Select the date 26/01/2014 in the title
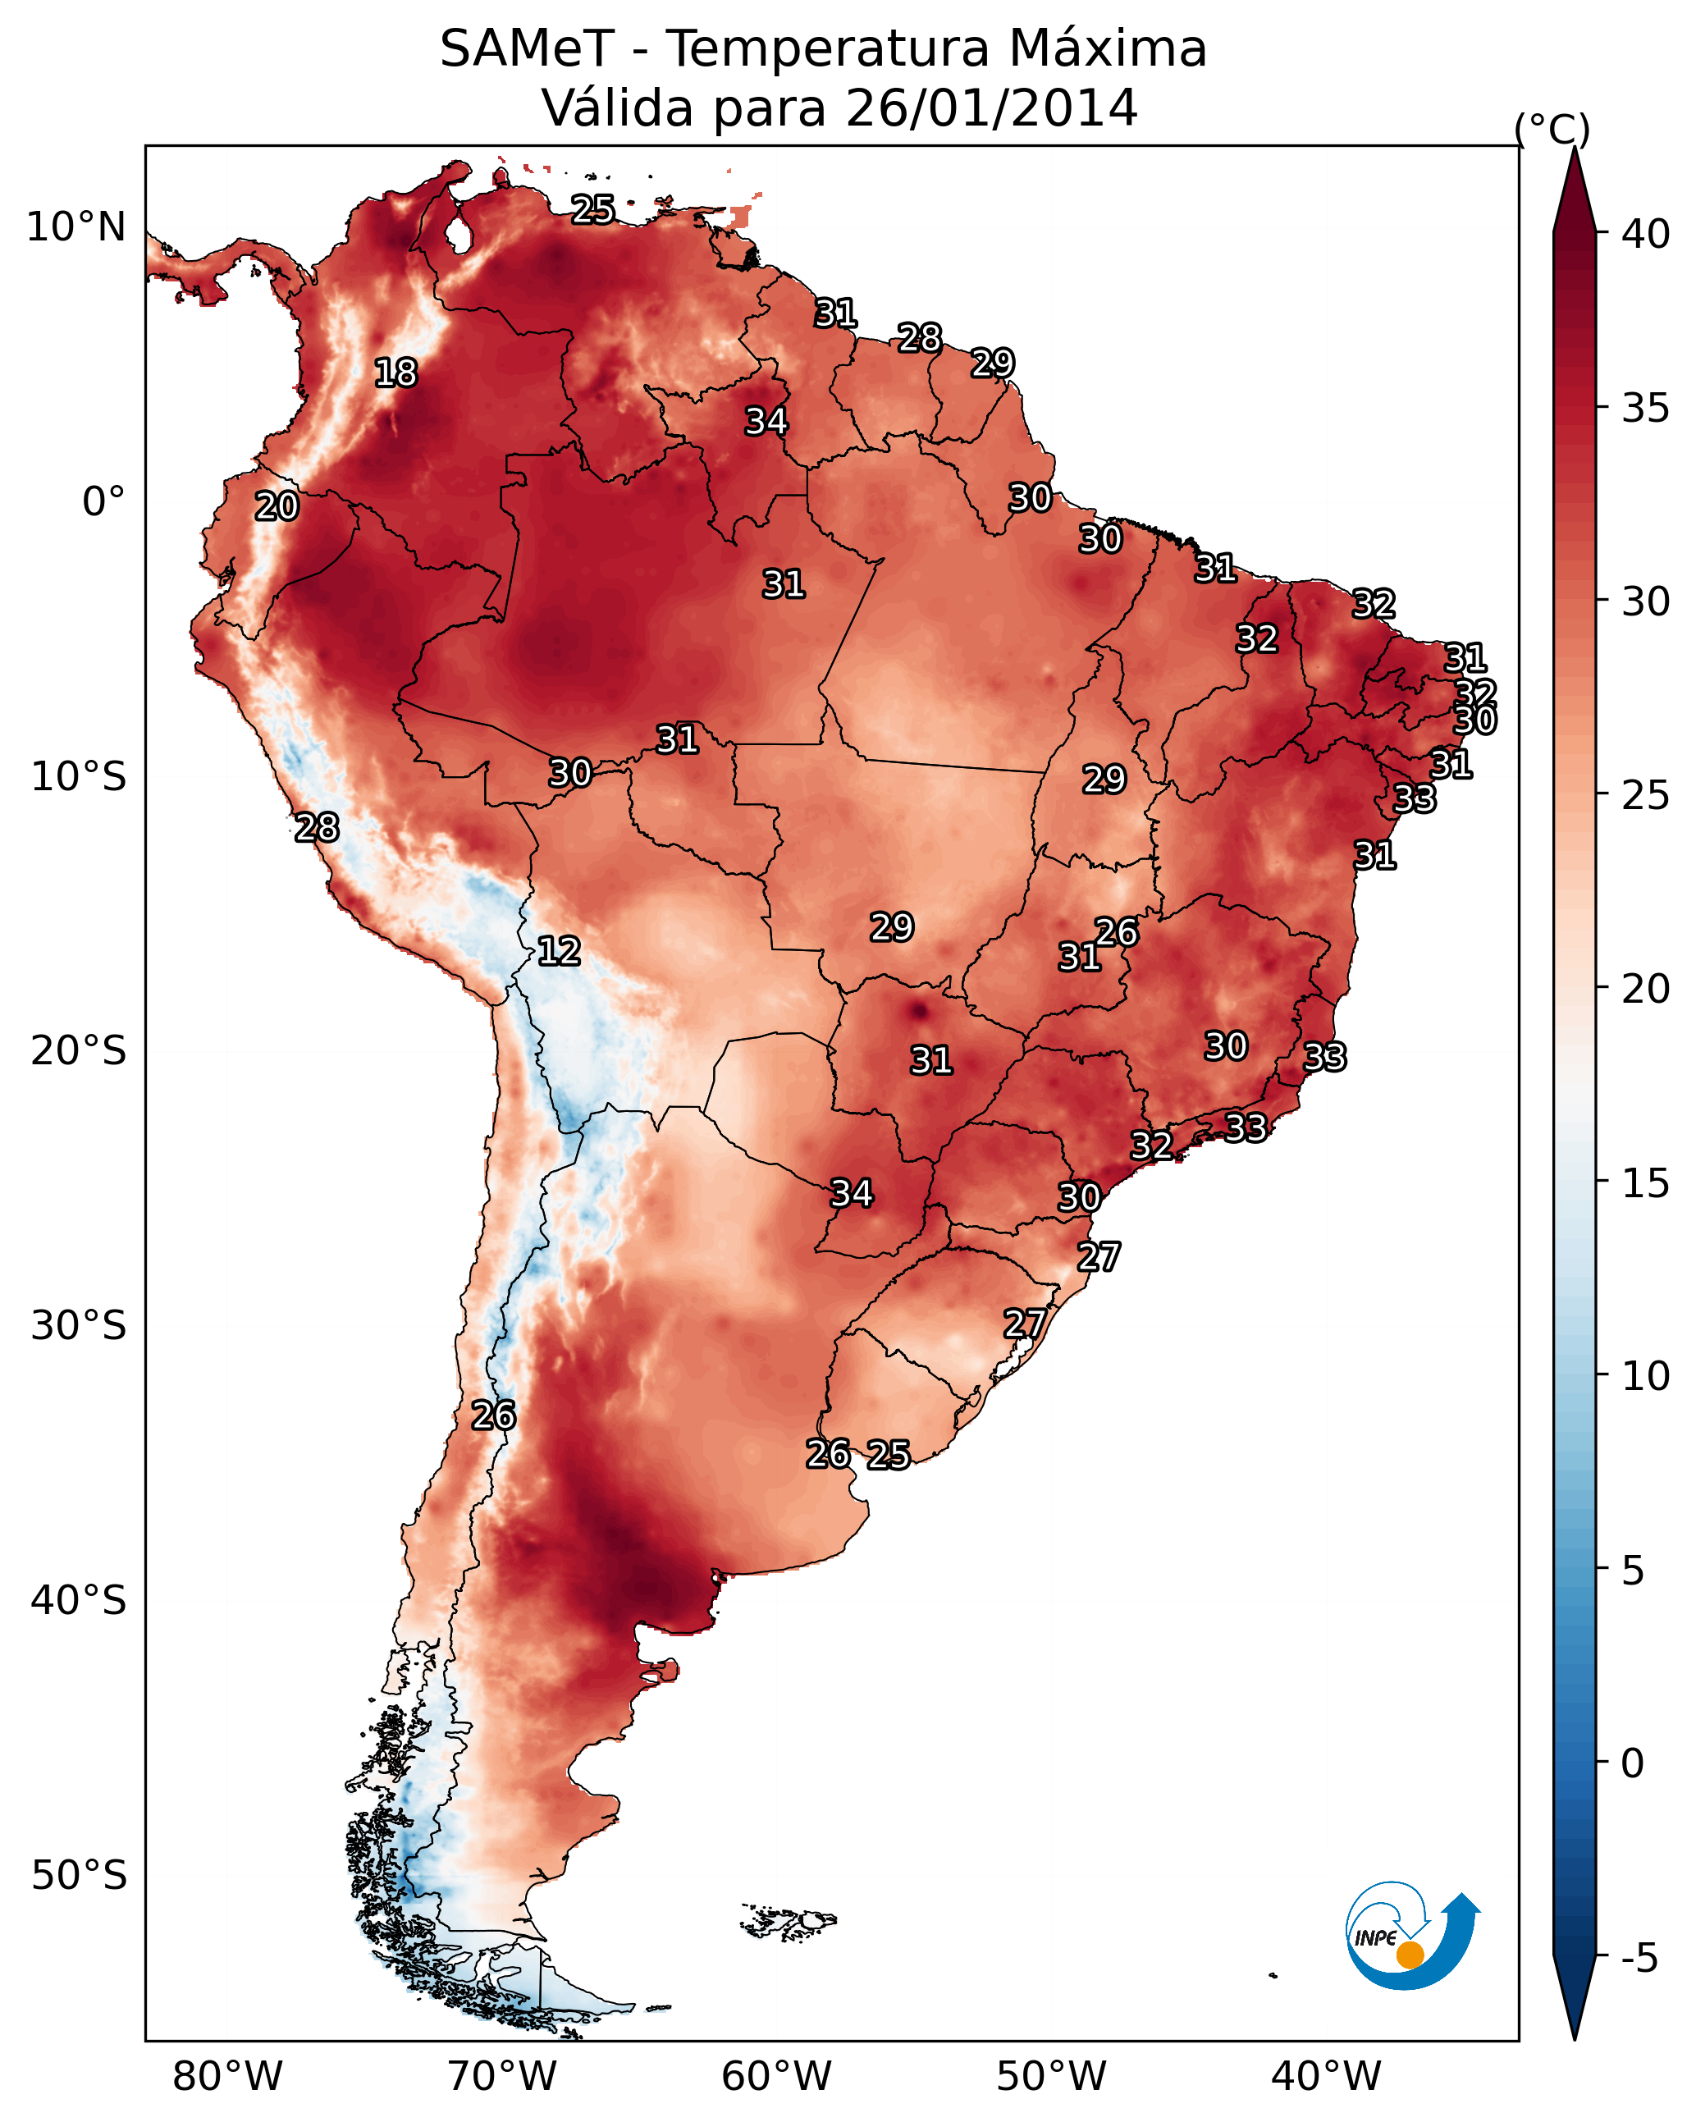[990, 108]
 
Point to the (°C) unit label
[1552, 129]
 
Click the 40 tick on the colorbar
[1646, 234]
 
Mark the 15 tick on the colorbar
[1646, 1183]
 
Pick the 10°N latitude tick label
[75, 227]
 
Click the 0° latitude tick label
[103, 502]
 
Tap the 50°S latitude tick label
[79, 1876]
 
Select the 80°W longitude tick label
[227, 2077]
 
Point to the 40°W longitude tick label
[1326, 2077]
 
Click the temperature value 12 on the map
[559, 951]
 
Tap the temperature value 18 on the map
[395, 373]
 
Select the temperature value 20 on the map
[277, 507]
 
